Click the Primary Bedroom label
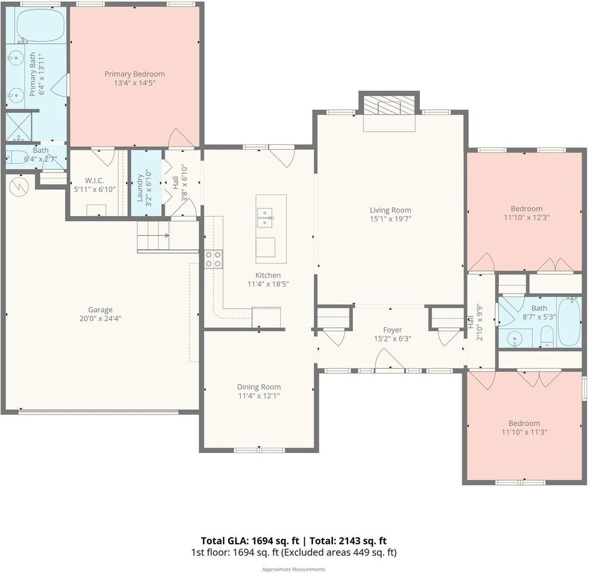pyautogui.click(x=134, y=74)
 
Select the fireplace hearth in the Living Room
pyautogui.click(x=389, y=123)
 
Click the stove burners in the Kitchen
pyautogui.click(x=213, y=259)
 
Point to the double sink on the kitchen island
pyautogui.click(x=265, y=218)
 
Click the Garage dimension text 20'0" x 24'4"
pyautogui.click(x=100, y=319)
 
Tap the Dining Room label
pyautogui.click(x=259, y=387)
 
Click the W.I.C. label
pyautogui.click(x=94, y=181)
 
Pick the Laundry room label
pyautogui.click(x=140, y=187)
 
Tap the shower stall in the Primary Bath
pyautogui.click(x=19, y=127)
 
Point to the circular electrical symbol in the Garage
pyautogui.click(x=19, y=186)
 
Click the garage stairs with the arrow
pyautogui.click(x=153, y=236)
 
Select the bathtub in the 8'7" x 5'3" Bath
pyautogui.click(x=569, y=321)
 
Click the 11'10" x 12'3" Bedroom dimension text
pyautogui.click(x=527, y=218)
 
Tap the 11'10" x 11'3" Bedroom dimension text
pyautogui.click(x=524, y=432)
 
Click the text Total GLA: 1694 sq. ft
pyautogui.click(x=250, y=541)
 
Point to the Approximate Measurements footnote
pyautogui.click(x=294, y=569)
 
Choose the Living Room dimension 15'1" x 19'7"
pyautogui.click(x=391, y=219)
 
